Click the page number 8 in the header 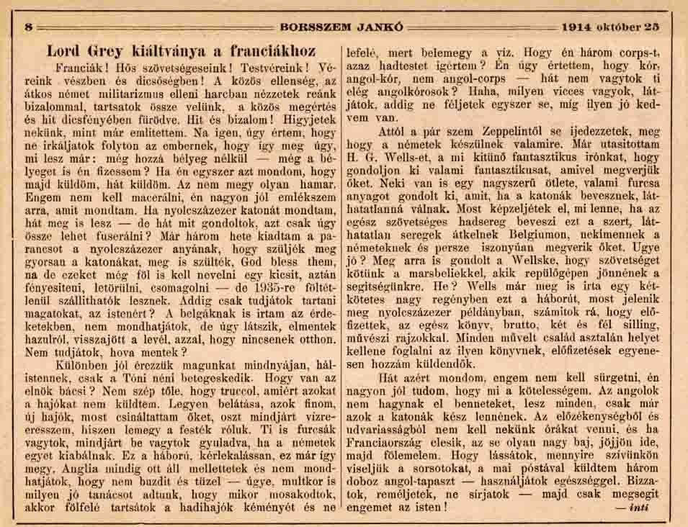[30, 27]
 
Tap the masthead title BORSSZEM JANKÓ [344, 27]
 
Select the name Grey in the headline [108, 52]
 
